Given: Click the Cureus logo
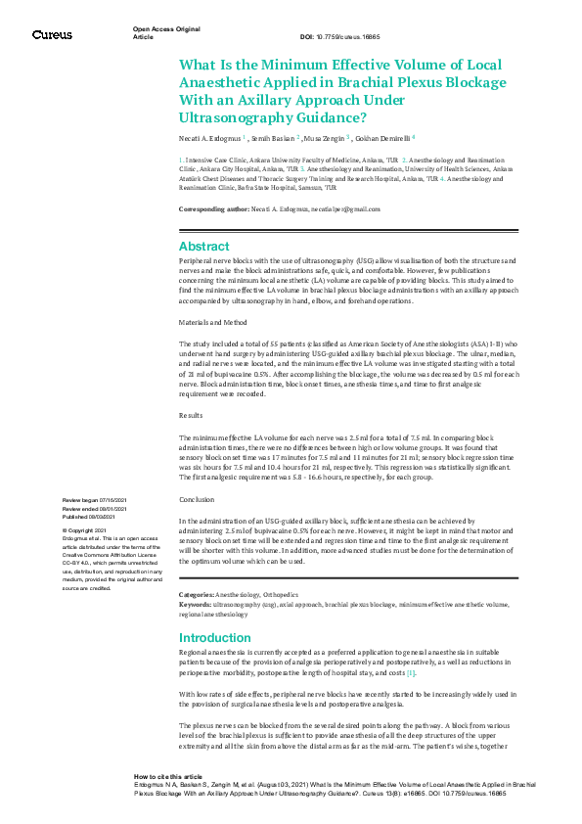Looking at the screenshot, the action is point(52,34).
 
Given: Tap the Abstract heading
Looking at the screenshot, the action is point(203,247).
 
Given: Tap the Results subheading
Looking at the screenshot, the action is point(192,416).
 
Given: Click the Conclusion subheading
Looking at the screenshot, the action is point(198,499).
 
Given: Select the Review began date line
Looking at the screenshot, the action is point(94,500).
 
